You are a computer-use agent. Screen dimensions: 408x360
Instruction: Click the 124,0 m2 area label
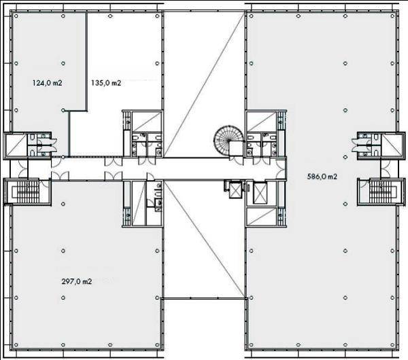(x=47, y=83)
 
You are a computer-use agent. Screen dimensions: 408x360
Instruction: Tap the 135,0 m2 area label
(x=106, y=83)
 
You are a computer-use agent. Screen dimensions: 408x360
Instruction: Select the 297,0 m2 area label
(x=77, y=281)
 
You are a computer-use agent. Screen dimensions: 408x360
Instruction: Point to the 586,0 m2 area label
(x=322, y=177)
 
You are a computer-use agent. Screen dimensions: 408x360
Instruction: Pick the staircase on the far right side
(x=382, y=192)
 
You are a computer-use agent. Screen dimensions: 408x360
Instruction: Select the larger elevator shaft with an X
(x=260, y=193)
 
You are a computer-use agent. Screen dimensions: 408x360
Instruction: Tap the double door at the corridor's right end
(x=281, y=168)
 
